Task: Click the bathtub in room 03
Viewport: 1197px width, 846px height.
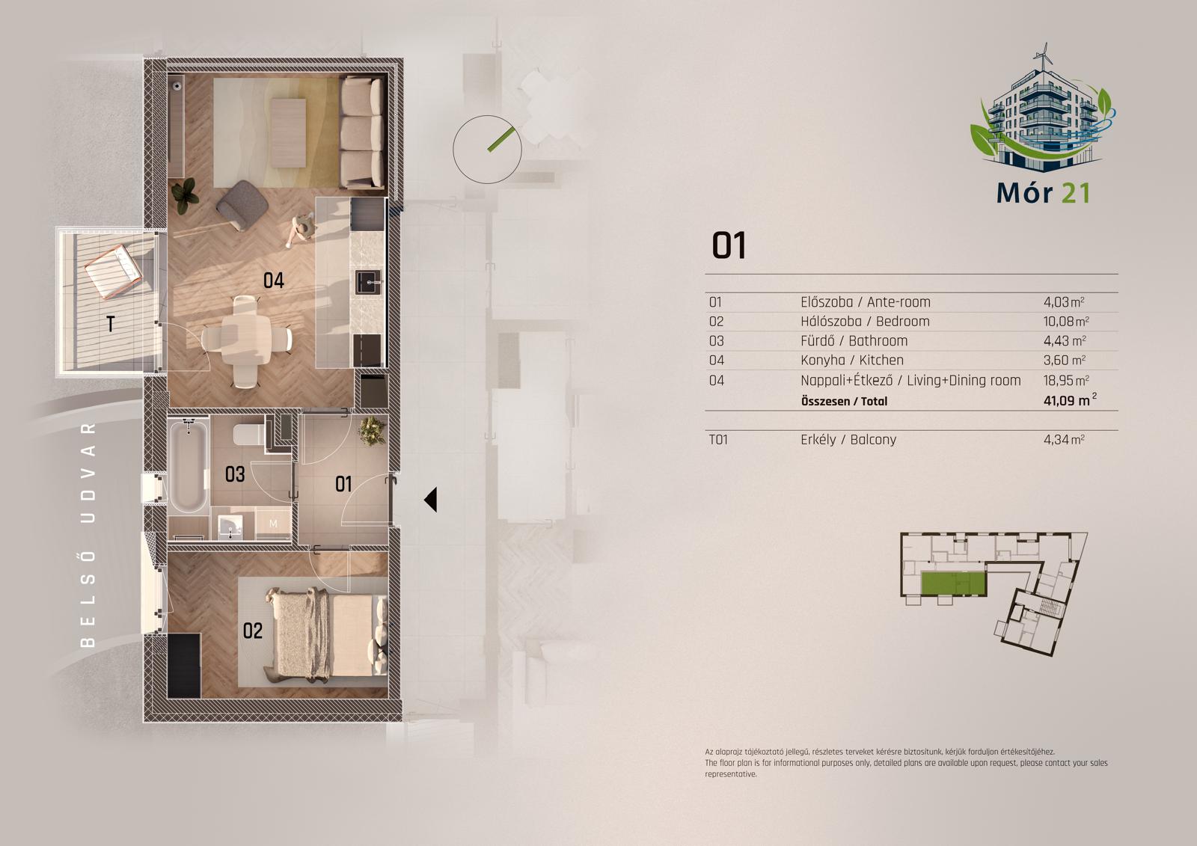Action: [x=188, y=465]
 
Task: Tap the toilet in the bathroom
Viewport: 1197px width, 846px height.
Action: [x=249, y=434]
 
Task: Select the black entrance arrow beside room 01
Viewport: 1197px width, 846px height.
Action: [x=431, y=500]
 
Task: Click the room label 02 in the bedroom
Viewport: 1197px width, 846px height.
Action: [x=253, y=631]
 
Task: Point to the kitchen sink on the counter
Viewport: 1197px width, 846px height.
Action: [x=368, y=282]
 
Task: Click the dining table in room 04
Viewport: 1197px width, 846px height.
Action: [x=247, y=340]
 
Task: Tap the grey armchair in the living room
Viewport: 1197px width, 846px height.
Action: [x=242, y=206]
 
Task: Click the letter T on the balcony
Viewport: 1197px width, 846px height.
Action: [x=110, y=323]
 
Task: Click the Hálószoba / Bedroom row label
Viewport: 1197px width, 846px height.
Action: [x=865, y=321]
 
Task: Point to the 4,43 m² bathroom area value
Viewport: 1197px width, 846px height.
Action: [x=1065, y=340]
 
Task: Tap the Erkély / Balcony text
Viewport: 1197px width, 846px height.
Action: [x=848, y=439]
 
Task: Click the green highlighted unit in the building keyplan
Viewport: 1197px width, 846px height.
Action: [x=953, y=583]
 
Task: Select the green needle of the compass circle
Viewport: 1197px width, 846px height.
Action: [x=500, y=139]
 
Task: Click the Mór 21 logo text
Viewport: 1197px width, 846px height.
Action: [x=1043, y=193]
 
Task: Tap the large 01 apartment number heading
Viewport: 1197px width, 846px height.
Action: [x=729, y=246]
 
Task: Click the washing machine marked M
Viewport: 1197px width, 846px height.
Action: [x=273, y=523]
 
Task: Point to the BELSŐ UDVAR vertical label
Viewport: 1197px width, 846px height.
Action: [x=88, y=535]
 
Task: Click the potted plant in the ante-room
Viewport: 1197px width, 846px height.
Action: [x=373, y=431]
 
